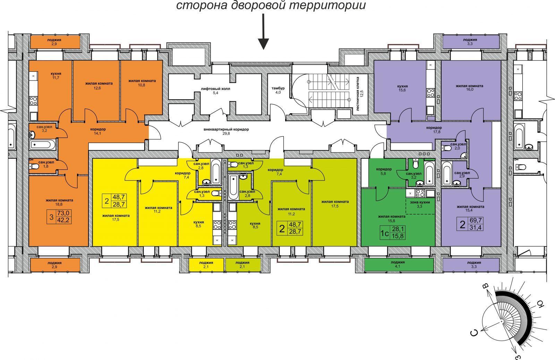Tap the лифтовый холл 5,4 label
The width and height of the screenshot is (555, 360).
(215, 91)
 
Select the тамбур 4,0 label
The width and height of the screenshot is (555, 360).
(278, 90)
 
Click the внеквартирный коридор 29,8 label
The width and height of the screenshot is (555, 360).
(226, 131)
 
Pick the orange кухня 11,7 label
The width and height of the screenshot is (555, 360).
(56, 76)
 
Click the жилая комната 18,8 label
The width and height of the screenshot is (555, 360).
(59, 202)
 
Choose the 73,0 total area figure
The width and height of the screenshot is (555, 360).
(64, 213)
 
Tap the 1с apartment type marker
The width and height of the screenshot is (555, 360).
(385, 233)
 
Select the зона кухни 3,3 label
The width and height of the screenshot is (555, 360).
(420, 204)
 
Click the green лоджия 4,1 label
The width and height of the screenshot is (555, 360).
(398, 264)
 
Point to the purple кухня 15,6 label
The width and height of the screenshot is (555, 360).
(402, 88)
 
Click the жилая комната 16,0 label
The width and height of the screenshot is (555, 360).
(469, 87)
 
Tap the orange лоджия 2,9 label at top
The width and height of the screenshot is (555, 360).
(54, 42)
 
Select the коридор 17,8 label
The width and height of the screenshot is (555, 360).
(434, 130)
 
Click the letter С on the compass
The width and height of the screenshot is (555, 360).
(474, 333)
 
